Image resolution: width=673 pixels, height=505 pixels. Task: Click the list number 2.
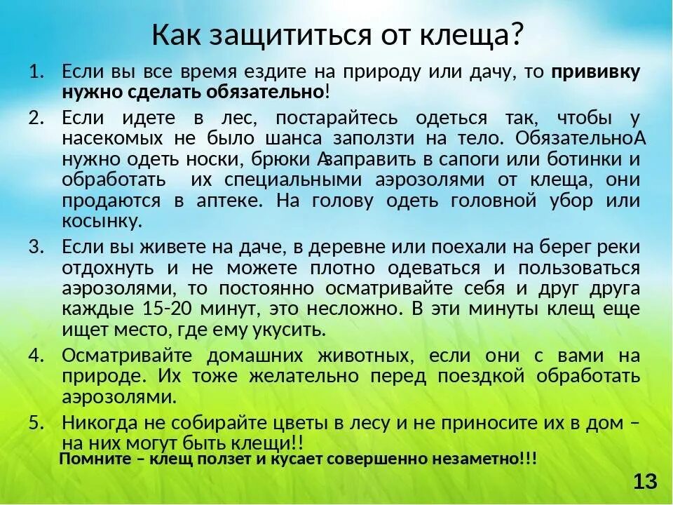tap(36, 116)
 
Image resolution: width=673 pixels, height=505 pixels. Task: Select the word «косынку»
tap(102, 222)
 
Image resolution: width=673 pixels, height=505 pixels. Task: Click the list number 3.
tap(36, 246)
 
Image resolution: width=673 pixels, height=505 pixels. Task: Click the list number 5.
tap(36, 423)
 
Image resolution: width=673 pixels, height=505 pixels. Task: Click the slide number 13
tap(645, 482)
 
